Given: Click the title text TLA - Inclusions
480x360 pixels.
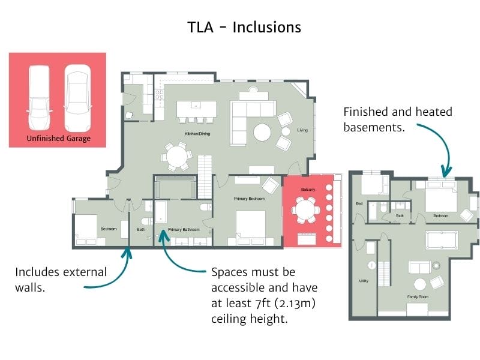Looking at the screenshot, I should [x=244, y=27].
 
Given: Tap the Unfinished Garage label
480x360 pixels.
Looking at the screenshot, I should [x=58, y=139].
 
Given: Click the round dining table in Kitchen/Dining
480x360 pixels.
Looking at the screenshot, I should [x=176, y=157].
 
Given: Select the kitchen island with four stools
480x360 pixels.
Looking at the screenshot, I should [x=197, y=111].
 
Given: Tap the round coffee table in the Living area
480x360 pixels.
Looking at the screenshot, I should [x=262, y=132].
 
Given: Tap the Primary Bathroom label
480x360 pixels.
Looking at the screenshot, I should [x=184, y=229].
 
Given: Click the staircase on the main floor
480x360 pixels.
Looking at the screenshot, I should [x=205, y=171].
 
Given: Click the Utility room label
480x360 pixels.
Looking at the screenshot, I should [x=364, y=281].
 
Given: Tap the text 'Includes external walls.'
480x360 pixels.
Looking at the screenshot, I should [x=61, y=279].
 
